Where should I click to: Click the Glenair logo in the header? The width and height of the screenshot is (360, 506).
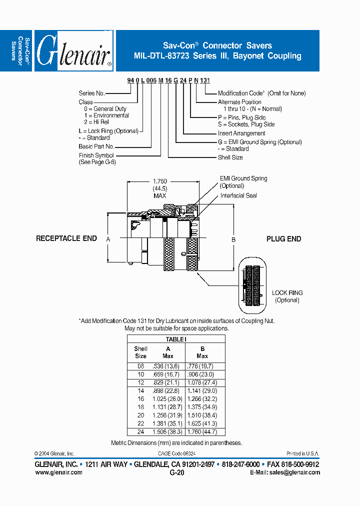tap(74, 50)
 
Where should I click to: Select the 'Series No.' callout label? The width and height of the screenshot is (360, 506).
tap(91, 93)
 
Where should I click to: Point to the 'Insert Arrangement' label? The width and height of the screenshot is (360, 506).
tap(241, 133)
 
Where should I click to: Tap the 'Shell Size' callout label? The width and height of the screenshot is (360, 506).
tap(230, 157)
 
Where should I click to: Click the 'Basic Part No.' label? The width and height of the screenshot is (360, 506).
tap(96, 146)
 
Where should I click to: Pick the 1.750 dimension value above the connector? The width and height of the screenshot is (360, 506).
tap(159, 182)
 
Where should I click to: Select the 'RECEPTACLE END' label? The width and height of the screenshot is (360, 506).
tap(66, 238)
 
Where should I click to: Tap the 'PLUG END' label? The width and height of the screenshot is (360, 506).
tap(283, 239)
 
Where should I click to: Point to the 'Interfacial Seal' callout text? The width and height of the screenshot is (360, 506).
tap(238, 195)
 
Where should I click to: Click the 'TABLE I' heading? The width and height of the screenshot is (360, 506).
tap(175, 339)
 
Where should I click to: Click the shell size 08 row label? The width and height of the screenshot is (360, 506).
tap(141, 366)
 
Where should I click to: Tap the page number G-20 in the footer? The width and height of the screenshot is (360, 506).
tap(177, 472)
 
